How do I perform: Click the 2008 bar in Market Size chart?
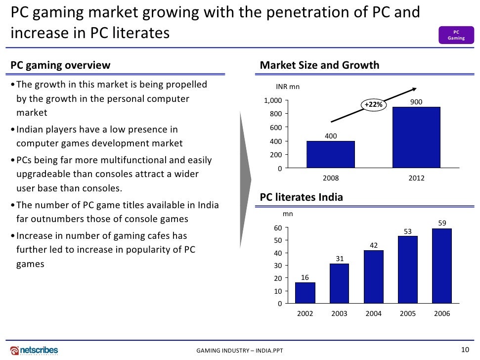coord(330,155)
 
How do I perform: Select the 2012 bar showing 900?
coord(416,137)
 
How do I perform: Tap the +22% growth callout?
coord(373,105)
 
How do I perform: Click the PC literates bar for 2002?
coord(305,292)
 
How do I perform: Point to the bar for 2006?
coord(441,266)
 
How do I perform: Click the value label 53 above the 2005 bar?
coord(408,232)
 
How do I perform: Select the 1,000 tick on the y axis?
coord(273,101)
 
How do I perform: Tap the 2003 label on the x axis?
coord(339,314)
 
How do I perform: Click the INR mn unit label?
coord(288,87)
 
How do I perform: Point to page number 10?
coord(464,350)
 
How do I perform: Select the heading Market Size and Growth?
coord(319,65)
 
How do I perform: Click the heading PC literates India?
coord(301,197)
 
